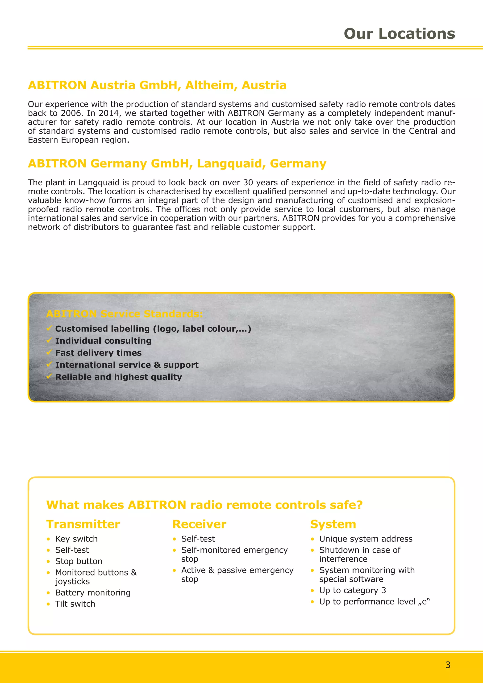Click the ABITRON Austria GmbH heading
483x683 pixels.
[157, 85]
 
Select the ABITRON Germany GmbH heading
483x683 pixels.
[177, 164]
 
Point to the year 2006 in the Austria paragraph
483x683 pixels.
[71, 113]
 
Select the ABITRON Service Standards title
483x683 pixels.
[125, 314]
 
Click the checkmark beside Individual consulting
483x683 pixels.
[49, 340]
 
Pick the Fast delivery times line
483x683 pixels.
[98, 353]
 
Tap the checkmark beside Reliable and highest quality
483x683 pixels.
[49, 377]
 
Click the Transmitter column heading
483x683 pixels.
[83, 524]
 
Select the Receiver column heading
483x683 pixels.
[199, 524]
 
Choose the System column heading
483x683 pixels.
[333, 524]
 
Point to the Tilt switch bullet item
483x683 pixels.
[75, 604]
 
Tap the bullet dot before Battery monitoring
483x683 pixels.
[48, 593]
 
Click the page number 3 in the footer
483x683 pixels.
[448, 665]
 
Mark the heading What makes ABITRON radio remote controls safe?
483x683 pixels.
[204, 505]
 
